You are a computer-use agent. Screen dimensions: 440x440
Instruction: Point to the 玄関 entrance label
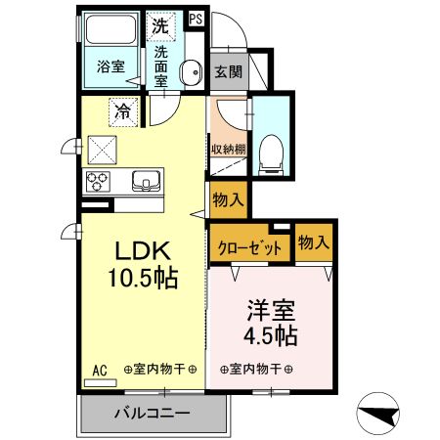pyautogui.click(x=228, y=70)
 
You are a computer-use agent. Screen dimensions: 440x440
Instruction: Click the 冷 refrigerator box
pyautogui.click(x=125, y=110)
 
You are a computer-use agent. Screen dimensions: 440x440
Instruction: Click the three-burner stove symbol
pyautogui.click(x=101, y=182)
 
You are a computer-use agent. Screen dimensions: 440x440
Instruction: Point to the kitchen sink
pyautogui.click(x=148, y=181)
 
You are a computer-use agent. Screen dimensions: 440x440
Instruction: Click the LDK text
pyautogui.click(x=143, y=248)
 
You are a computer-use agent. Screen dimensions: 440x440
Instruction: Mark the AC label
pyautogui.click(x=99, y=371)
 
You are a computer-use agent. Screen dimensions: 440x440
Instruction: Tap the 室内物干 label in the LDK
pyautogui.click(x=160, y=370)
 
